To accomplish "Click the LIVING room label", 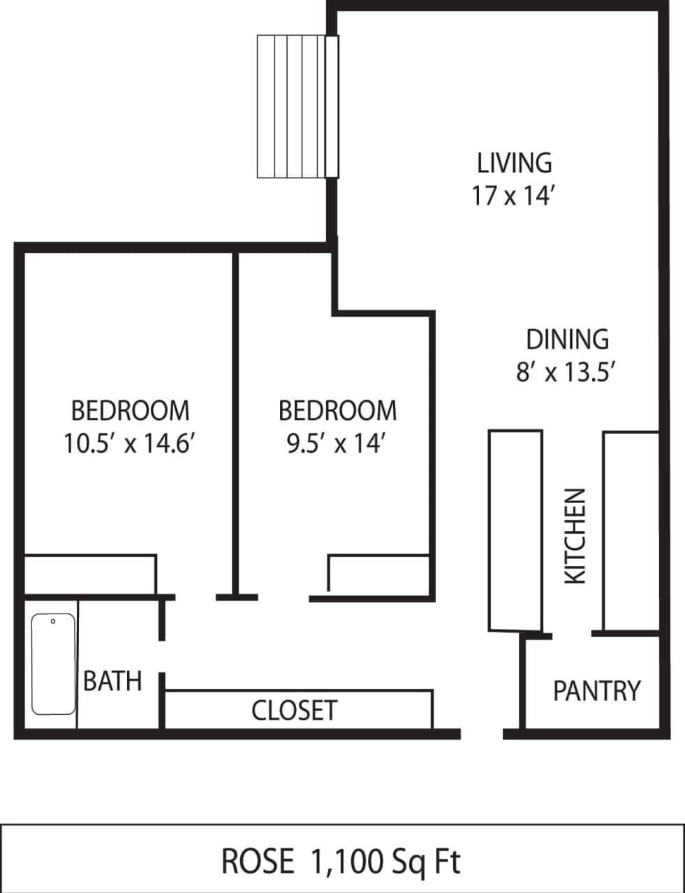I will pyautogui.click(x=514, y=163).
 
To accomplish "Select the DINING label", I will pyautogui.click(x=566, y=340).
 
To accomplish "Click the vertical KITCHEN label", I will pyautogui.click(x=575, y=536).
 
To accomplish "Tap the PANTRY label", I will pyautogui.click(x=596, y=691).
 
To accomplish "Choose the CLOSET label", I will pyautogui.click(x=294, y=711).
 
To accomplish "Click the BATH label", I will pyautogui.click(x=112, y=681).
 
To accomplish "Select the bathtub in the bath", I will pyautogui.click(x=54, y=664).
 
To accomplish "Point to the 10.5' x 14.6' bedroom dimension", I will pyautogui.click(x=128, y=444).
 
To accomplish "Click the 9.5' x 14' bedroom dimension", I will pyautogui.click(x=337, y=444).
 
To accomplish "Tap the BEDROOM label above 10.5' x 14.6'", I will pyautogui.click(x=130, y=411).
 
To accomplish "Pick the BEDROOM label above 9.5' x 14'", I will pyautogui.click(x=337, y=411).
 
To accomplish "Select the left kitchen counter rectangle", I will pyautogui.click(x=515, y=531).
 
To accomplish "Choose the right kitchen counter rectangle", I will pyautogui.click(x=631, y=531).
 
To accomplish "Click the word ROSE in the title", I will pyautogui.click(x=258, y=862).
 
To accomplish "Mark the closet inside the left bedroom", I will pyautogui.click(x=89, y=574).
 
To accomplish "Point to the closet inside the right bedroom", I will pyautogui.click(x=378, y=575).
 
